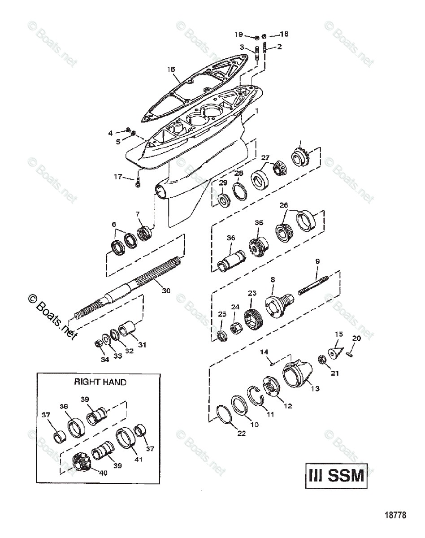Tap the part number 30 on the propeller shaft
166,291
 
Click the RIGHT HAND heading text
100,382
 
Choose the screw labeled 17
139,183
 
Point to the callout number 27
266,157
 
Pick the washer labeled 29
223,200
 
